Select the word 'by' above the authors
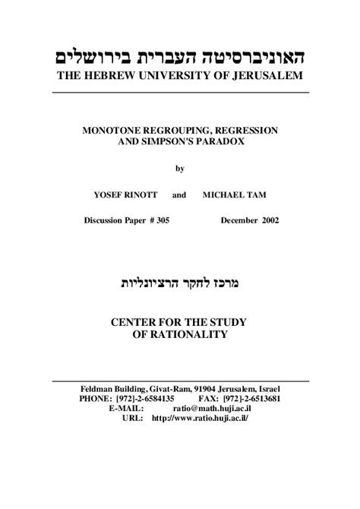[x=180, y=168]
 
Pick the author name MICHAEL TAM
[x=235, y=195]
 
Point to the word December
[x=238, y=221]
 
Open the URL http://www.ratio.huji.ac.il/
[x=200, y=418]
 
